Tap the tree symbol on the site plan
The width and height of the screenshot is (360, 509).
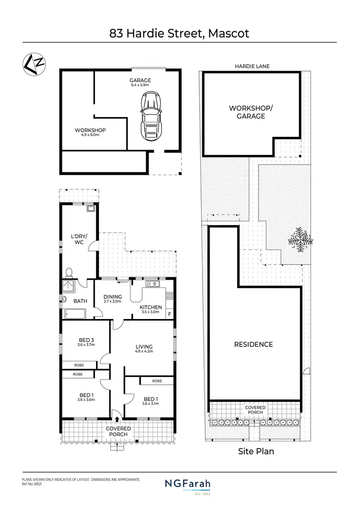[x=300, y=238]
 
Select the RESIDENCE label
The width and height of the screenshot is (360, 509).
[x=253, y=344]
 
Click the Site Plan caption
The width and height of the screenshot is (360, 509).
[x=256, y=451]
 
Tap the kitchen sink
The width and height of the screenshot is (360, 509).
[x=153, y=284]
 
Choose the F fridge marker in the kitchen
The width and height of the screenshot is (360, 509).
[x=168, y=314]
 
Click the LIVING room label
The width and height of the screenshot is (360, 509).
[x=144, y=349]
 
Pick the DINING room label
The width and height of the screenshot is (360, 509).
[x=113, y=299]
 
